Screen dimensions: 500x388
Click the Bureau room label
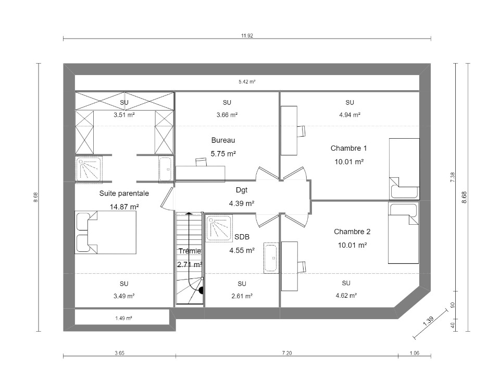(x=223, y=140)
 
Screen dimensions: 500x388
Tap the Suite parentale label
(x=124, y=193)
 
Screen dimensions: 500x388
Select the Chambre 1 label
(x=348, y=148)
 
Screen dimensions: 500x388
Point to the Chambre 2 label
(x=352, y=232)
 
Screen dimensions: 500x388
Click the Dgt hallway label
(x=242, y=190)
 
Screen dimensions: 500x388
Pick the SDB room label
(x=242, y=237)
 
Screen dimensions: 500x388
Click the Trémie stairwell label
(x=190, y=251)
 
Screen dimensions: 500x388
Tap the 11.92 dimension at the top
(x=247, y=36)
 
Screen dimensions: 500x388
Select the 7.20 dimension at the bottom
(x=287, y=353)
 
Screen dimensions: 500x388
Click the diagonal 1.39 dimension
(x=429, y=321)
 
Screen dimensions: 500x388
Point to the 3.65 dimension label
(x=120, y=353)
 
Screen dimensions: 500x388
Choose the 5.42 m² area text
(x=247, y=82)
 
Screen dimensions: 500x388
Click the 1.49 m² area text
(x=124, y=318)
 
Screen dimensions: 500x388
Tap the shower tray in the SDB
(x=219, y=228)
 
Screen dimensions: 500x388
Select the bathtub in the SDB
(x=271, y=258)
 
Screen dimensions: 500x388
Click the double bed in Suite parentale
(x=106, y=232)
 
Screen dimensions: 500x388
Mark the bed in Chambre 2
(x=403, y=233)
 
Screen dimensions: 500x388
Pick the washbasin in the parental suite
(x=166, y=169)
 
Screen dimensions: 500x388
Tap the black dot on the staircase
(x=202, y=290)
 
